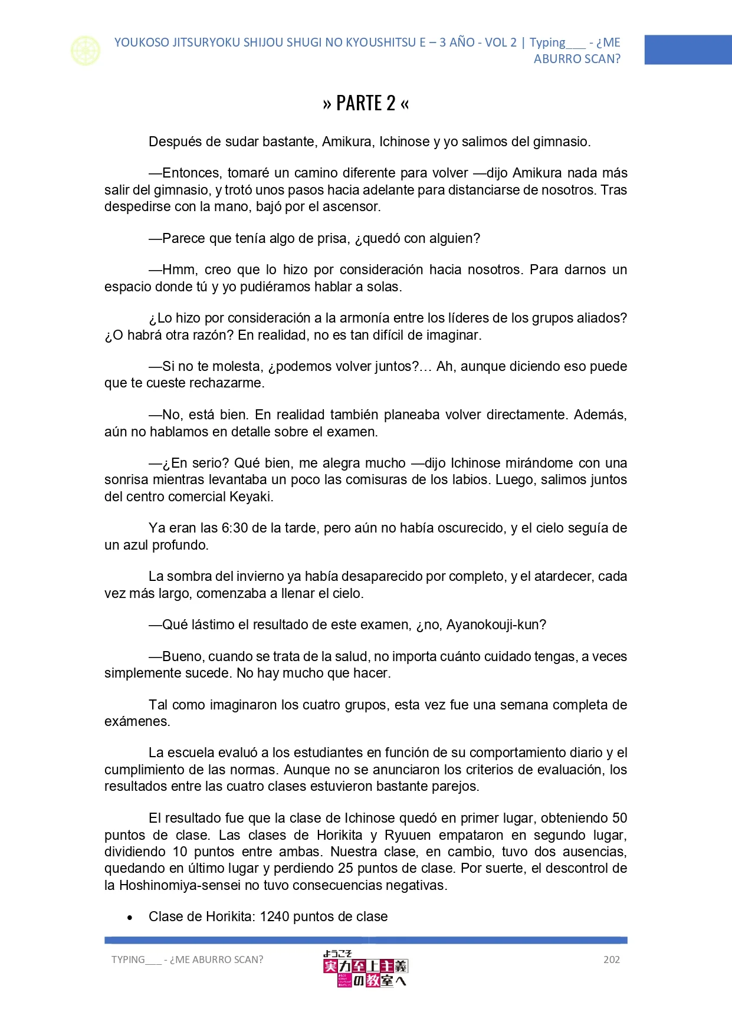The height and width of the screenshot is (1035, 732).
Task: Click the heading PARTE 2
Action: [366, 103]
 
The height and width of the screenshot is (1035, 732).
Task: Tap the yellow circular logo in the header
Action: [86, 51]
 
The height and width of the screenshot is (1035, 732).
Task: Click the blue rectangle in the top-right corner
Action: [688, 50]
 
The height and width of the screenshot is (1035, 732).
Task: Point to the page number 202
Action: [612, 960]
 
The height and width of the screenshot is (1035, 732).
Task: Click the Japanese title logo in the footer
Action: [365, 968]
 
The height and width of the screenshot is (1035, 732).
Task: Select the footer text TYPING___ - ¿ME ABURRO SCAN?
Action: [187, 960]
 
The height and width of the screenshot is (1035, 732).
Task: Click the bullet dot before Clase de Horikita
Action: [130, 918]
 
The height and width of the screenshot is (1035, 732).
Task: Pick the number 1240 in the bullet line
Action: [274, 916]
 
